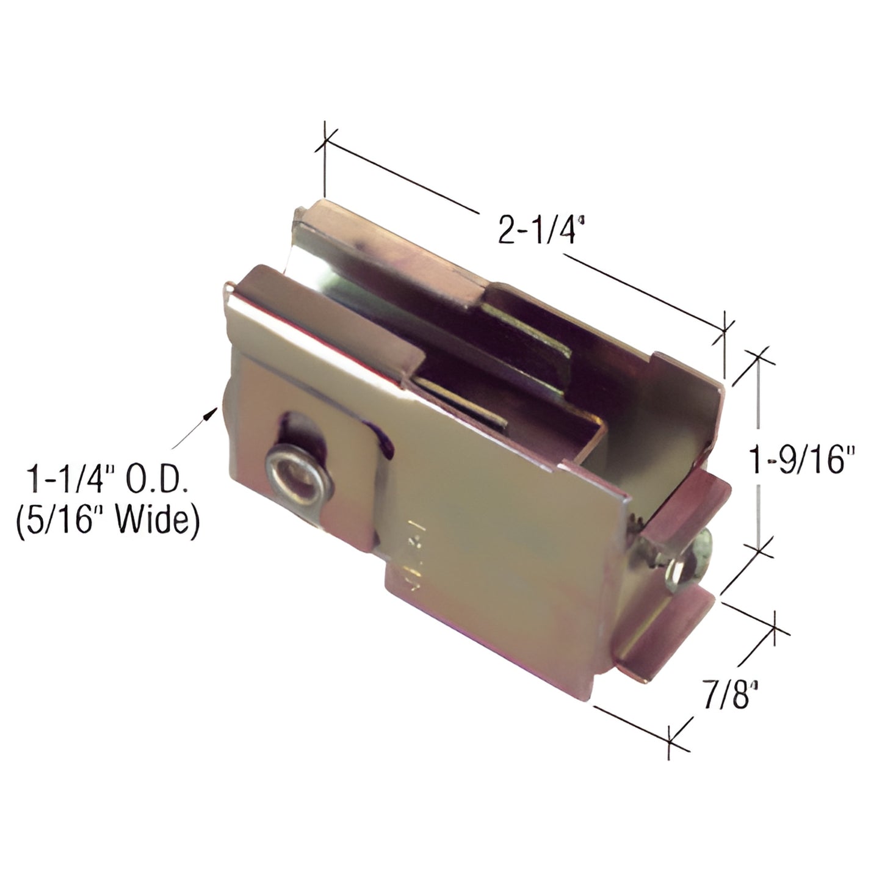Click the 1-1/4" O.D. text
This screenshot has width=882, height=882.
tap(106, 480)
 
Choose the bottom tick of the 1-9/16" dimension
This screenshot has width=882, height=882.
tap(759, 550)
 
